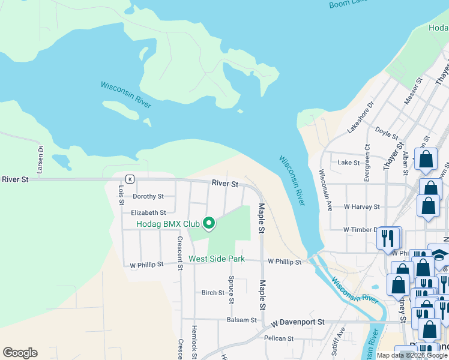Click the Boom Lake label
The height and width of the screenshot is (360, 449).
click(x=348, y=4)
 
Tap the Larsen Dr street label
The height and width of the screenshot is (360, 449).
click(x=40, y=160)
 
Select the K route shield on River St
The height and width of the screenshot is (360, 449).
click(x=129, y=179)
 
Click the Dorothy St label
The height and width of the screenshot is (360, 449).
click(x=148, y=196)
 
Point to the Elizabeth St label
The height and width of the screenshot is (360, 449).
click(x=148, y=212)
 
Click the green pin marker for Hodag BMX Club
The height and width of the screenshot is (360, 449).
click(x=209, y=223)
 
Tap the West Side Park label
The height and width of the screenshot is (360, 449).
click(x=217, y=259)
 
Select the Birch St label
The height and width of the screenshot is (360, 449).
click(x=213, y=293)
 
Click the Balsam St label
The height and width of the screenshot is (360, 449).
click(x=242, y=320)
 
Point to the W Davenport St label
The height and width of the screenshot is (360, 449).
click(x=297, y=322)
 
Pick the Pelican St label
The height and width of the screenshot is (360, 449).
click(x=278, y=338)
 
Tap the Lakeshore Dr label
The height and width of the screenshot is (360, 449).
click(x=360, y=116)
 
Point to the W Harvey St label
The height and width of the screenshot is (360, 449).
click(x=361, y=206)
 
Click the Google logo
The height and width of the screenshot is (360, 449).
click(x=20, y=353)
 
